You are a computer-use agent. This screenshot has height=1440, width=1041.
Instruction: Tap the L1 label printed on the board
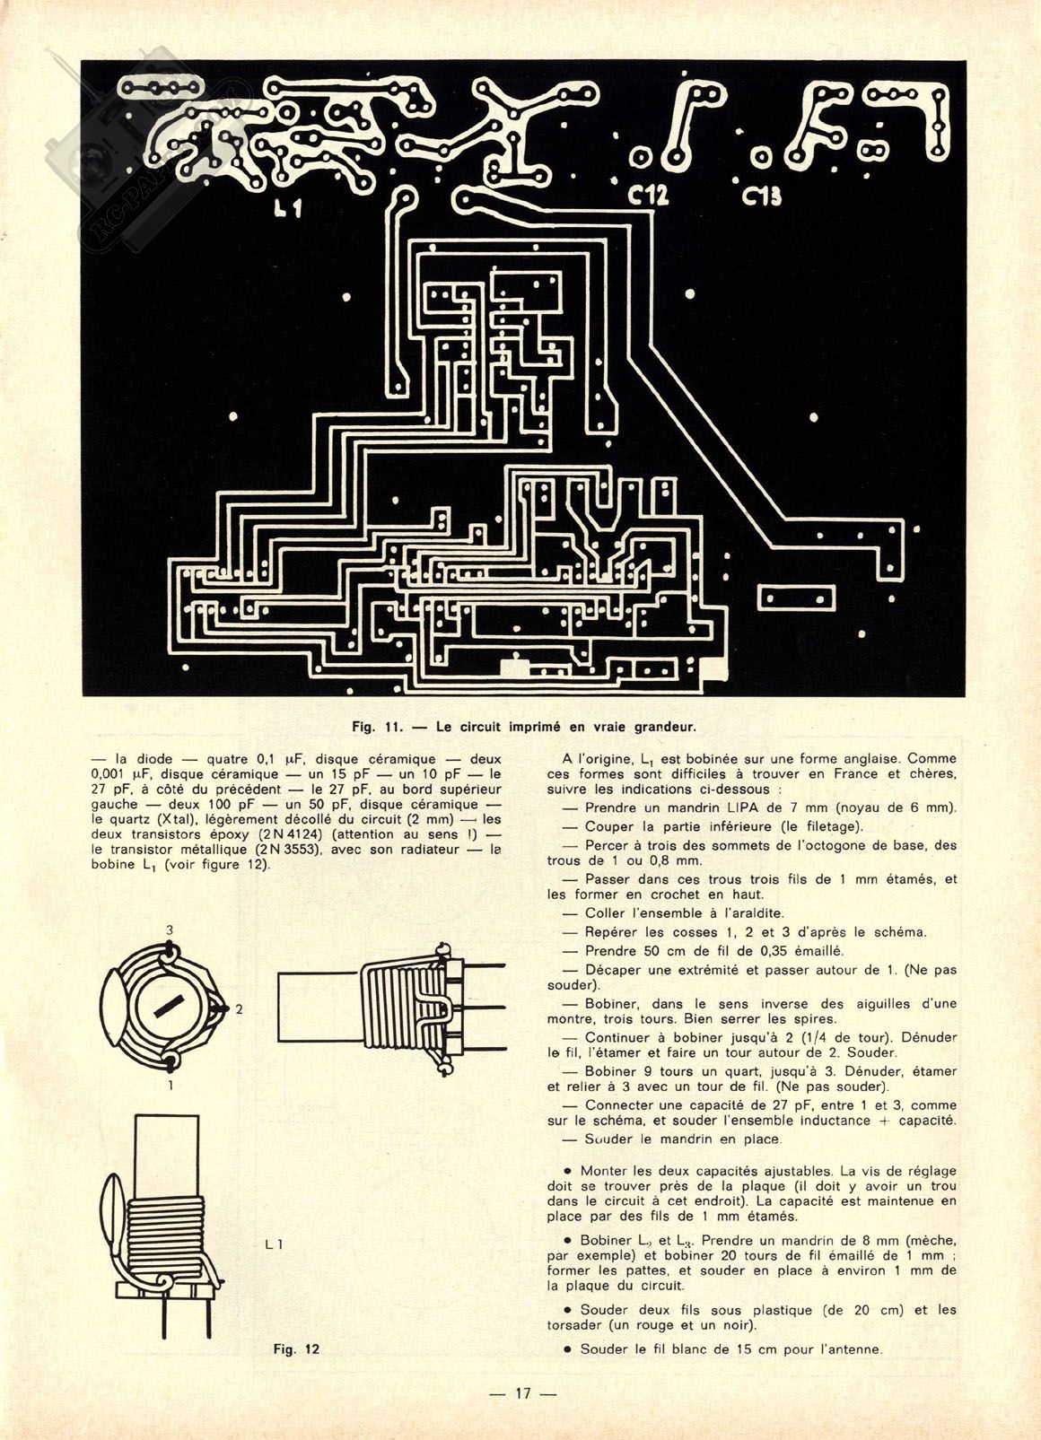pos(287,209)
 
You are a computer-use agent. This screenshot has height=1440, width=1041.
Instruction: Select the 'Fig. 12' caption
pos(296,1348)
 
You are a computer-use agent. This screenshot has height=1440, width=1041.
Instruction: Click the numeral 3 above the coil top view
pos(169,929)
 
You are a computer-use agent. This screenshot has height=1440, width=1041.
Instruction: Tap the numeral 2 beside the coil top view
pos(239,1008)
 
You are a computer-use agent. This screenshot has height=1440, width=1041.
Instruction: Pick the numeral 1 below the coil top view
pos(171,1085)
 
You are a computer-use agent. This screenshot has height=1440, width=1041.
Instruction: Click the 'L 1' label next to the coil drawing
pos(275,1244)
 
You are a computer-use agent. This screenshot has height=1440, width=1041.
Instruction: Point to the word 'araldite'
pos(751,913)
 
